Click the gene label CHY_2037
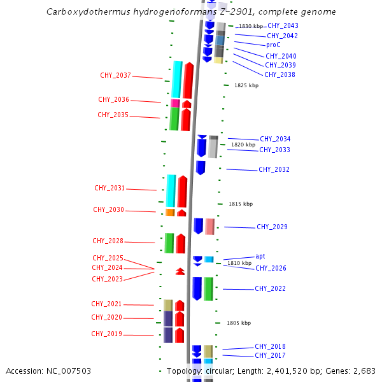pyautogui.click(x=115, y=76)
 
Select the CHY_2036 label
pyautogui.click(x=113, y=100)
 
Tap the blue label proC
pyautogui.click(x=273, y=45)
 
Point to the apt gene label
pyautogui.click(x=260, y=256)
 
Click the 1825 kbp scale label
pyautogui.click(x=246, y=85)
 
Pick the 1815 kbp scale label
pyautogui.click(x=241, y=204)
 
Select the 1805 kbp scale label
pyautogui.click(x=239, y=323)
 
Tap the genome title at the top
pyautogui.click(x=191, y=12)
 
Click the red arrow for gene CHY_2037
pyautogui.click(x=188, y=80)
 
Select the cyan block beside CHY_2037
pyautogui.click(x=177, y=80)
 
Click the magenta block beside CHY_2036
pyautogui.click(x=175, y=103)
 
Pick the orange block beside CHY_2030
pyautogui.click(x=170, y=212)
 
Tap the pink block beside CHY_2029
pyautogui.click(x=209, y=226)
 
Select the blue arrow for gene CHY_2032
pyautogui.click(x=201, y=167)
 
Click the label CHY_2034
pyautogui.click(x=275, y=139)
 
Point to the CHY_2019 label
pyautogui.click(x=106, y=334)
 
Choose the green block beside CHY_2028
pyautogui.click(x=169, y=243)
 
